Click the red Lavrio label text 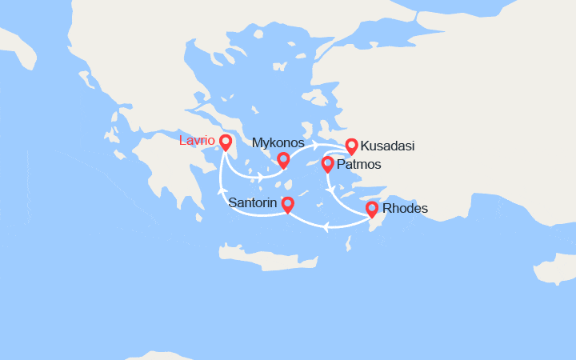[196, 141]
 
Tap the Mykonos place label [278, 142]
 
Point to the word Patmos [359, 165]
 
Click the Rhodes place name [406, 210]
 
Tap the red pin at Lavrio [225, 142]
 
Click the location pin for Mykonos [283, 160]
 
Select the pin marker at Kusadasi [351, 146]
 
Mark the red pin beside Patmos [327, 164]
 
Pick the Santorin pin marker [287, 205]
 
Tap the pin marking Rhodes [372, 210]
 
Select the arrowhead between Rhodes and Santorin [326, 226]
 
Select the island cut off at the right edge [558, 270]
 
